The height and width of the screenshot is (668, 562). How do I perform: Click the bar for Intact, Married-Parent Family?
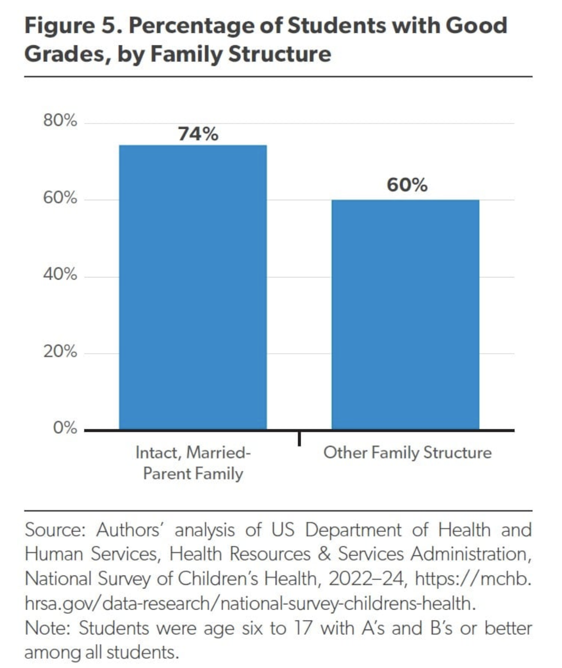tap(193, 287)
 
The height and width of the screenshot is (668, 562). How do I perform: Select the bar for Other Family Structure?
tap(405, 315)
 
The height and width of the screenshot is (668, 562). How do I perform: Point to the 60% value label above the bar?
tap(407, 185)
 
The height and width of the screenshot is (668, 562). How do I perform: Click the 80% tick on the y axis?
tap(60, 121)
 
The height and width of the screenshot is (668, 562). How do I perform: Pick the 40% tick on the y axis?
tap(60, 274)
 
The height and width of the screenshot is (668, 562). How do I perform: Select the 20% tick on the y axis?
tap(60, 351)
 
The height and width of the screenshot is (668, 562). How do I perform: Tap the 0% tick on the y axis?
tap(65, 428)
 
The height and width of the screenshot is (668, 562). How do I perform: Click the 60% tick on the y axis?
tap(60, 198)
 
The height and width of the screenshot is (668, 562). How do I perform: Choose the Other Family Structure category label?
tap(408, 453)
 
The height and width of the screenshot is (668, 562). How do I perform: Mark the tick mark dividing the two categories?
tap(299, 438)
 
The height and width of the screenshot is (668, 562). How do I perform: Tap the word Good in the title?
tap(476, 25)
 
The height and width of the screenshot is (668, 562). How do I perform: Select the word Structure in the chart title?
tap(280, 54)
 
